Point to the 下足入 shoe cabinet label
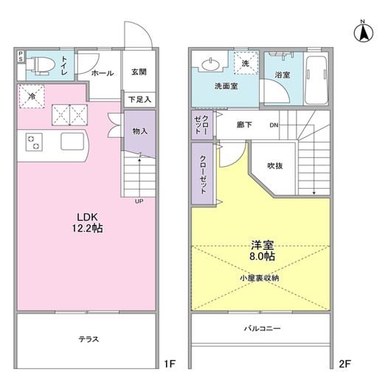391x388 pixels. (139, 98)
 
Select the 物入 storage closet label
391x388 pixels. (139, 131)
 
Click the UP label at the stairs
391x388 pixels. (139, 201)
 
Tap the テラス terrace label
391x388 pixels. (89, 339)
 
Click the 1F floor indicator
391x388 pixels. (169, 364)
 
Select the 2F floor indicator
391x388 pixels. (345, 364)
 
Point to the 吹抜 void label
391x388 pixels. (275, 165)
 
